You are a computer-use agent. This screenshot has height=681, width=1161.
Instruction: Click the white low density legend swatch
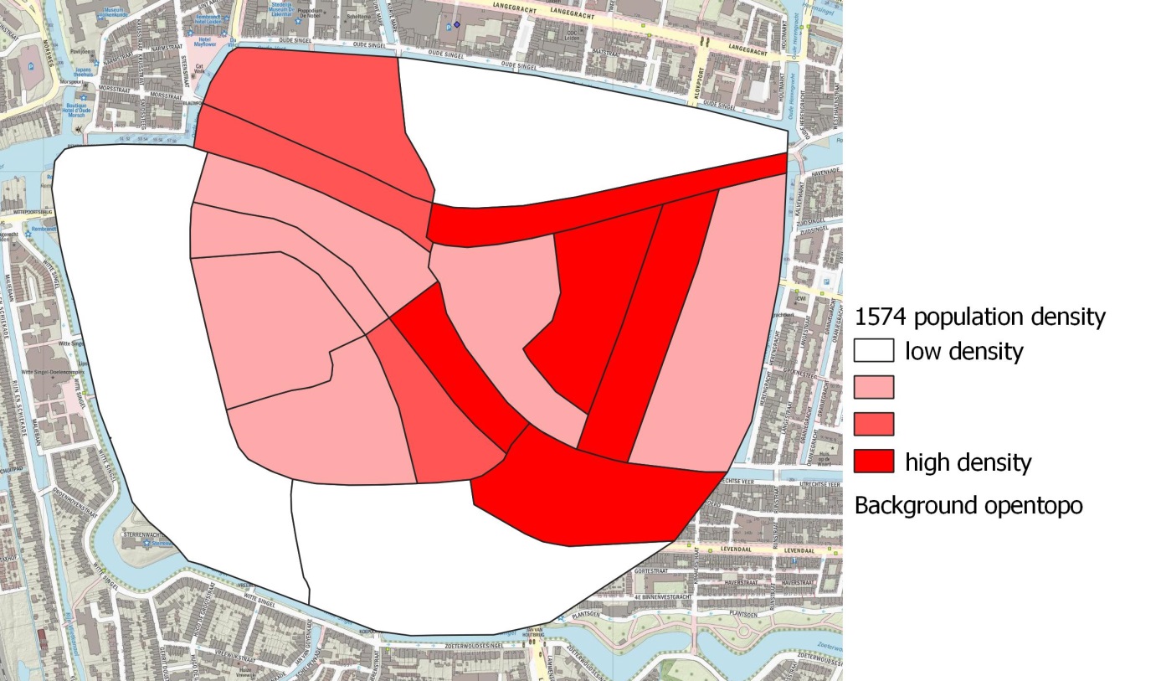pos(874,350)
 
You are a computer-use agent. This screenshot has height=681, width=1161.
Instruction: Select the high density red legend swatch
pos(874,461)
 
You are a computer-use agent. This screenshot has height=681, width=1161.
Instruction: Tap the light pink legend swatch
pos(874,387)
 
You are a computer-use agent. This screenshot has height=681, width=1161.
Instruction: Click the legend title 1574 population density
pos(979,317)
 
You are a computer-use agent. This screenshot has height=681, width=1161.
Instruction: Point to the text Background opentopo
pos(968,505)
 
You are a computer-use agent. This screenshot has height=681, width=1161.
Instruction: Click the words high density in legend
pos(968,462)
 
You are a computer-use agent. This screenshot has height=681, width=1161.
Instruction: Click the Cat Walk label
pos(200,70)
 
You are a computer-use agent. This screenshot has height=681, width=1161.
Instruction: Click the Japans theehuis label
pos(82,72)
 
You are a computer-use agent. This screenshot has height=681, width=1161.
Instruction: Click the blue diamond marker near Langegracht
pos(457,24)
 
